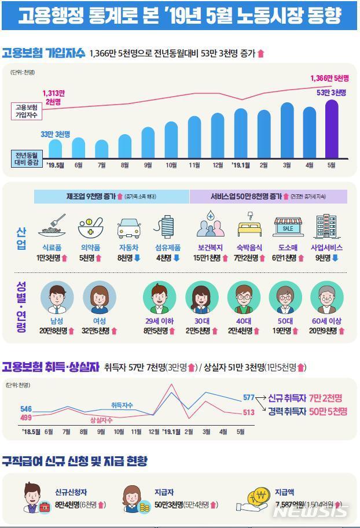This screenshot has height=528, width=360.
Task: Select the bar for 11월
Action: [194, 136]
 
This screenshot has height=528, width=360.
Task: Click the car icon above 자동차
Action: [128, 227]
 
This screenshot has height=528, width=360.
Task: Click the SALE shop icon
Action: [288, 228]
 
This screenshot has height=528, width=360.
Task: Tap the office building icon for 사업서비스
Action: [326, 227]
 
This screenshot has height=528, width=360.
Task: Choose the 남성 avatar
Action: [57, 297]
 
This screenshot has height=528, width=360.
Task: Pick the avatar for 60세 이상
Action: [327, 298]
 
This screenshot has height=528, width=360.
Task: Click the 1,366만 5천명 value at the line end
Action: [329, 79]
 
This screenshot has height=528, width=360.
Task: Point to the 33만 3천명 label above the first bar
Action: [55, 134]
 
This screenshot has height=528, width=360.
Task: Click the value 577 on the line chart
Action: [249, 398]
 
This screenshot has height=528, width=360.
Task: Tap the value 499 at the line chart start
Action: [26, 418]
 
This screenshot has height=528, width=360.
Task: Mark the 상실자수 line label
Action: [101, 420]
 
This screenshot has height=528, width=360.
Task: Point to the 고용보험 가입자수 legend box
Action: [26, 111]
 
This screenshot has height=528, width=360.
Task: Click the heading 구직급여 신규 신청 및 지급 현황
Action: [75, 461]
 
